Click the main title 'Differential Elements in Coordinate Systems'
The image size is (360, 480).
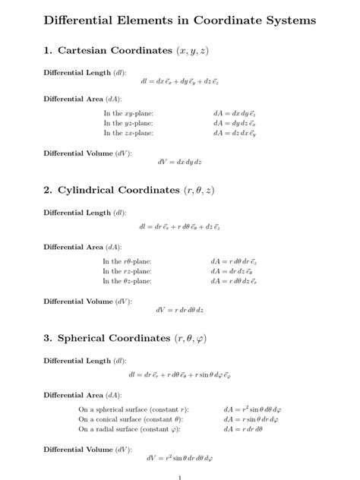180,21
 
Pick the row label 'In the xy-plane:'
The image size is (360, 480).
129,113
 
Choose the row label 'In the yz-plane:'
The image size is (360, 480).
129,123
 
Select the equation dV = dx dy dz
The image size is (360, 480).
179,163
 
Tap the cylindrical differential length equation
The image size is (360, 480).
179,226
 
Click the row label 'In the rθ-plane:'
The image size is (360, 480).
128,261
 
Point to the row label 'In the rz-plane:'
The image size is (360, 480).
127,271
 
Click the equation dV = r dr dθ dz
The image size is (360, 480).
179,310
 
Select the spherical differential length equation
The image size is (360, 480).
179,374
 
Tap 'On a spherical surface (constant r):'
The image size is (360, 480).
134,409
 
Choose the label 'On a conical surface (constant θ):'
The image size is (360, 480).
133,419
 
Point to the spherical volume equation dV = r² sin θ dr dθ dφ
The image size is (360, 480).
179,458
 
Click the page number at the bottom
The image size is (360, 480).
179,477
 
